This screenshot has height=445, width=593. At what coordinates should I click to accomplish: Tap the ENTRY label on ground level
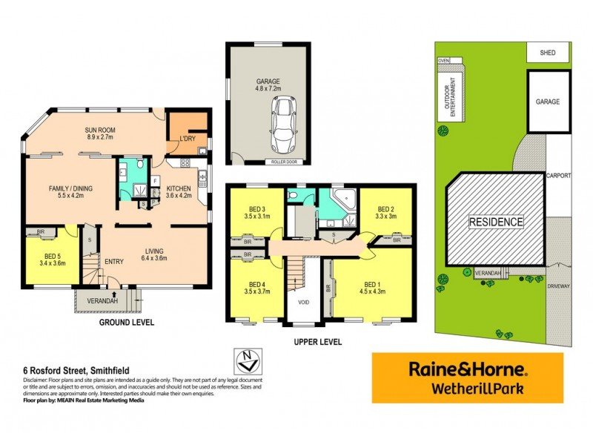coord(113,261)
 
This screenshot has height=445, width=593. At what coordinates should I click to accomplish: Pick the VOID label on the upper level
coord(302,303)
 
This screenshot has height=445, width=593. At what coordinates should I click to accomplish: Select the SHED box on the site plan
coord(549,53)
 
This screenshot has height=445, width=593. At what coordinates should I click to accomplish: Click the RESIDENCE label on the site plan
coord(496,221)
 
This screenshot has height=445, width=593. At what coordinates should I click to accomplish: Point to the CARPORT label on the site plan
coord(558,177)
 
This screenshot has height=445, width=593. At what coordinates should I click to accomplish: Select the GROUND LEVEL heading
coord(127,323)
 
